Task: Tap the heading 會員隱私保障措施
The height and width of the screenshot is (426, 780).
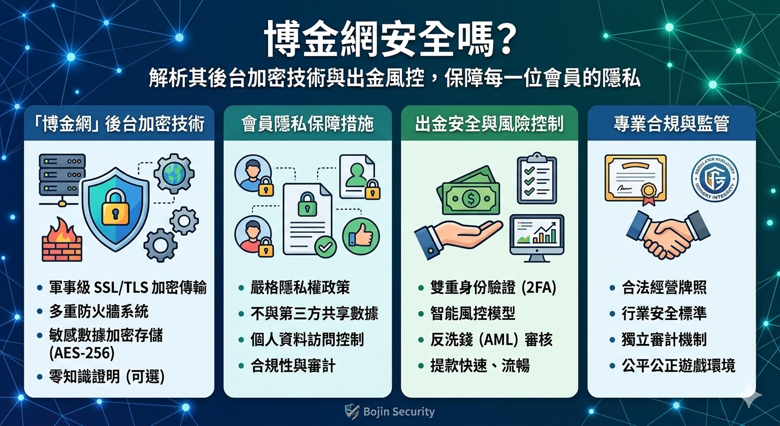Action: [307, 124]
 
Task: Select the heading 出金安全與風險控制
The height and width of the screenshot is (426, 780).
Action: [489, 124]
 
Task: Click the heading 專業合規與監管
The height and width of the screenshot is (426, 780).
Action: [671, 124]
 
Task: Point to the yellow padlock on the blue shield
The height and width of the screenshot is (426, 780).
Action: [115, 205]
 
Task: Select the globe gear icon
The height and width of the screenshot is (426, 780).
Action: [173, 173]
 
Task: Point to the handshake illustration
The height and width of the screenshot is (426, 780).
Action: [668, 233]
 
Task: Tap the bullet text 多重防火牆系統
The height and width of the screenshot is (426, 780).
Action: [99, 311]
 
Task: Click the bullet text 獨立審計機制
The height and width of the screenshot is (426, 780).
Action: [664, 339]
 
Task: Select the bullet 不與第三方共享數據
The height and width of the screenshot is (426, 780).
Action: [314, 313]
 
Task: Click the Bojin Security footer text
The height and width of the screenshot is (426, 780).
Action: [398, 412]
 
